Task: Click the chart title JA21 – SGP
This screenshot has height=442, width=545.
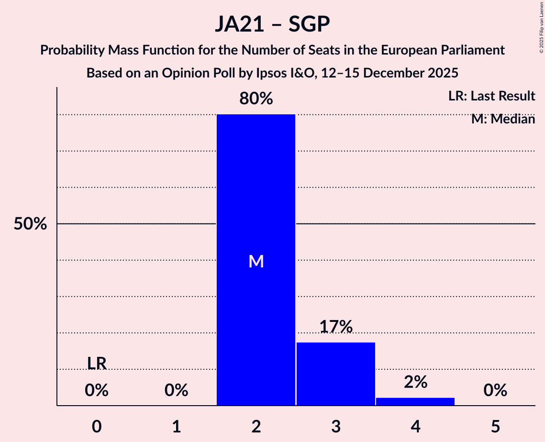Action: (272, 24)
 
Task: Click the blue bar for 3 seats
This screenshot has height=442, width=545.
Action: (335, 374)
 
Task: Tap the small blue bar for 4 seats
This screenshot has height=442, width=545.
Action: (415, 401)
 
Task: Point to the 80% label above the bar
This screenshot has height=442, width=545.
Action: (256, 99)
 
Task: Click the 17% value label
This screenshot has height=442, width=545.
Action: (335, 327)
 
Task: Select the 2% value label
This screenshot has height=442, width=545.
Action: (415, 382)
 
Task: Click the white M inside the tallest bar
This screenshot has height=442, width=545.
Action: (256, 261)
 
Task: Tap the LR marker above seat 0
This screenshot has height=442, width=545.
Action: (97, 363)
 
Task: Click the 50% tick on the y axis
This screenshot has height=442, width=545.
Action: (30, 224)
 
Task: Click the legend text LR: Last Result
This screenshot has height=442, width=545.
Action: (491, 96)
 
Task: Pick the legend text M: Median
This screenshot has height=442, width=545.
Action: (503, 119)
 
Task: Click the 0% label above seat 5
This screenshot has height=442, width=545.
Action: (495, 391)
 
